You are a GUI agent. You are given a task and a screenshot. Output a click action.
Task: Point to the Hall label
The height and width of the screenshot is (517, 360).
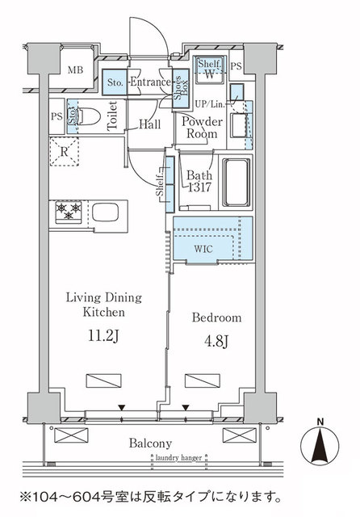pos(148,125)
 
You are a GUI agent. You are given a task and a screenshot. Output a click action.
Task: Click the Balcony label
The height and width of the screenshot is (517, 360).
pos(148,443)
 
